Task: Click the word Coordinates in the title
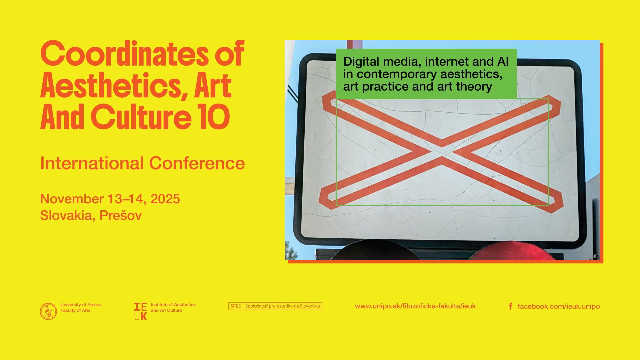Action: (124, 54)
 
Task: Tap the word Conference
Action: (197, 163)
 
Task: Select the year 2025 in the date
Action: (165, 199)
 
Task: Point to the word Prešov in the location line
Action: (121, 215)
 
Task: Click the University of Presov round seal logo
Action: (48, 311)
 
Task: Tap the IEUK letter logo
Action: (140, 311)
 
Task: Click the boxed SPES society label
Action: (275, 306)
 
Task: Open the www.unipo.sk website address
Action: (415, 306)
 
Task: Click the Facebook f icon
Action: (510, 306)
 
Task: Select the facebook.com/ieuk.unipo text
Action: (559, 306)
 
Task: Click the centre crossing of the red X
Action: (442, 152)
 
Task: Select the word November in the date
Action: (72, 199)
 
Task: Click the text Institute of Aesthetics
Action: (173, 305)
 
